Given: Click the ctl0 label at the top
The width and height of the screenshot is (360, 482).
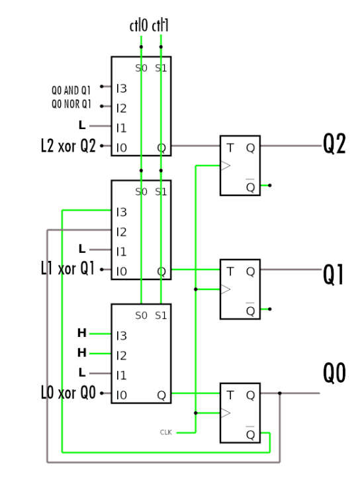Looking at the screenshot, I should tap(139, 26).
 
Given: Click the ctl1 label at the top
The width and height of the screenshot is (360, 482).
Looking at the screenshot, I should tap(160, 26).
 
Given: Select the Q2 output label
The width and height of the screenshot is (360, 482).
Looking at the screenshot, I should tap(334, 144).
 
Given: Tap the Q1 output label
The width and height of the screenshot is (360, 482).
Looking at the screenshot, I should tap(334, 273).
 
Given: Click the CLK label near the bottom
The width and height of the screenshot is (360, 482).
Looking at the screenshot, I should tap(166, 432).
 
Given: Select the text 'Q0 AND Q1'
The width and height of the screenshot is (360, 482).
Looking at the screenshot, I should tap(71, 89).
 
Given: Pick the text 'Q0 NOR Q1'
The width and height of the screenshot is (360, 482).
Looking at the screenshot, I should tap(71, 105).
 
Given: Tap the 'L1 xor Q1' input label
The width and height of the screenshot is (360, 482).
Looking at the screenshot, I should tap(68, 269).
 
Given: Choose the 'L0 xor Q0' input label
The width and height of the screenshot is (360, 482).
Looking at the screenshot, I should tap(68, 393).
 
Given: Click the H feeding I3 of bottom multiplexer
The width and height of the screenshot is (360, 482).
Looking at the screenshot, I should tap(82, 332).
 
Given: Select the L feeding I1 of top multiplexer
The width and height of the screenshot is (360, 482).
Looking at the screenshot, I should tap(82, 125).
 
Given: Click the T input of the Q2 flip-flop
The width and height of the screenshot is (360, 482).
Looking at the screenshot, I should tap(230, 148).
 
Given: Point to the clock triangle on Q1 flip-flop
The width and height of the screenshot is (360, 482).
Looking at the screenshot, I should tap(226, 289).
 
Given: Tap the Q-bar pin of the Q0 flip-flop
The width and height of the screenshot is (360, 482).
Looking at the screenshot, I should tap(249, 434).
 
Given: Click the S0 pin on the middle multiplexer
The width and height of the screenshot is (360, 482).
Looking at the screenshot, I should tap(141, 192).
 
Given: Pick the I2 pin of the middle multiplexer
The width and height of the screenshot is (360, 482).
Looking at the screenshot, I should tap(121, 232).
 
